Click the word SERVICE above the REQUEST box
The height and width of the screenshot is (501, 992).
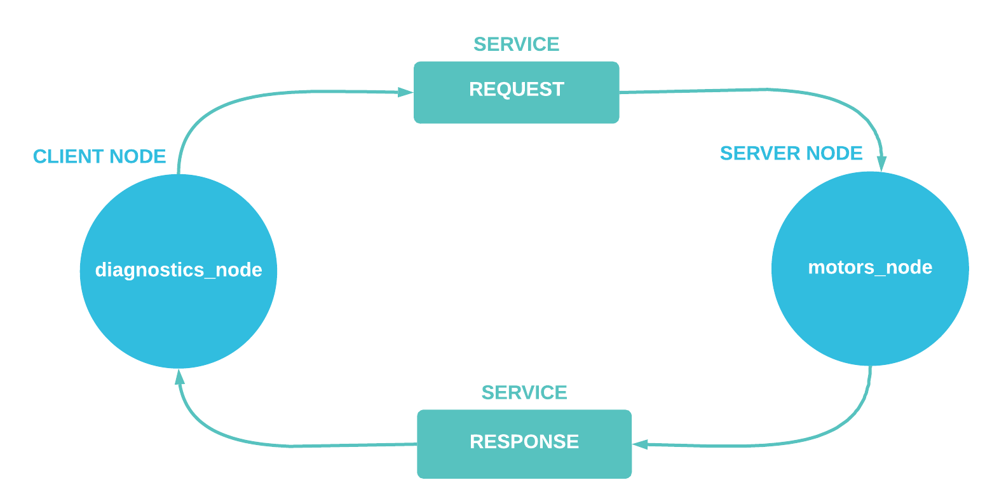pos(516,45)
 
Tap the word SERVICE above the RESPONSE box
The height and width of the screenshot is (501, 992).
pos(524,393)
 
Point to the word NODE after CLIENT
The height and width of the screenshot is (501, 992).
pos(138,156)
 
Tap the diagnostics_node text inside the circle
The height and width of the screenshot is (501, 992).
pos(179,270)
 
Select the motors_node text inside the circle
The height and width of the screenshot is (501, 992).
pos(870,267)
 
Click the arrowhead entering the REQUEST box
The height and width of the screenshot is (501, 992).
pos(405,92)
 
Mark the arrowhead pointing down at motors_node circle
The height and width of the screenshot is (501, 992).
pos(881,163)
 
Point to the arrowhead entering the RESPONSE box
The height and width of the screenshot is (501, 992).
pos(641,444)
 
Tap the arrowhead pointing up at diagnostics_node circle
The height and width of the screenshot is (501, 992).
pos(180,378)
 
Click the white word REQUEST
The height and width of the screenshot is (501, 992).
pos(516,90)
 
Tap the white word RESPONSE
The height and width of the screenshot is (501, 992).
pos(524,442)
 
